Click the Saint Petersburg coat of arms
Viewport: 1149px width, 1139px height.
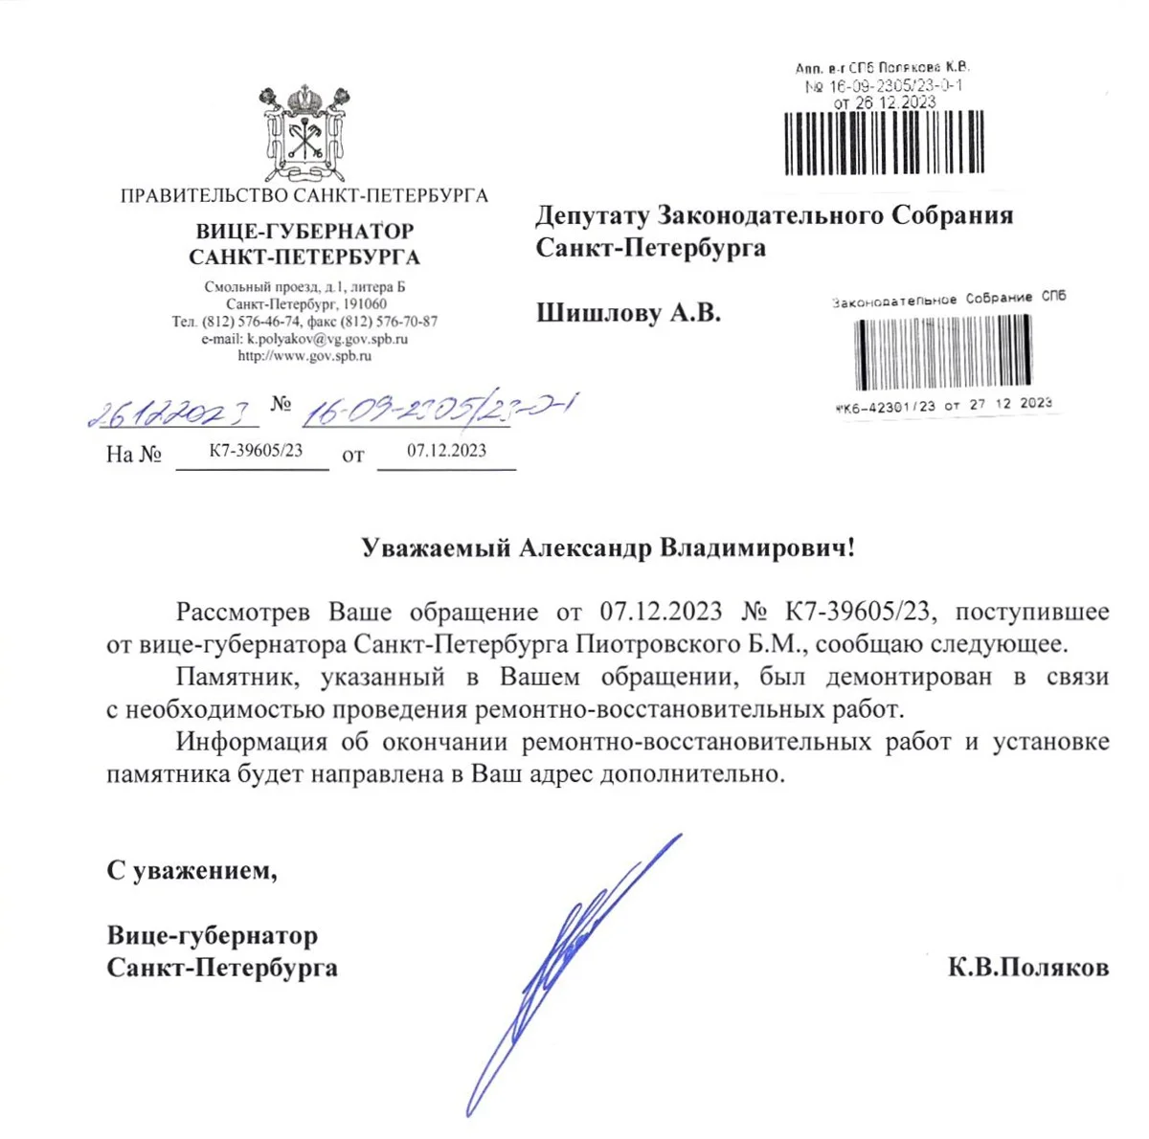(x=304, y=133)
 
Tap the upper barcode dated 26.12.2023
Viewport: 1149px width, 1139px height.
(x=884, y=144)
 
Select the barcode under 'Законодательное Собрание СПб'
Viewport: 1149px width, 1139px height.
(x=942, y=352)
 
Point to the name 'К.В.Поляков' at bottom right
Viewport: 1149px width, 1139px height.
(x=1028, y=968)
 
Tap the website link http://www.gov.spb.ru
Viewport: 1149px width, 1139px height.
(x=304, y=355)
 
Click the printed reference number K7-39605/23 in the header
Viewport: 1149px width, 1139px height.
(x=256, y=450)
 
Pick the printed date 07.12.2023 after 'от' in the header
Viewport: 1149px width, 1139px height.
(x=446, y=450)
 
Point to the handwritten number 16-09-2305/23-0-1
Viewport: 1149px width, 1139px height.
(x=436, y=409)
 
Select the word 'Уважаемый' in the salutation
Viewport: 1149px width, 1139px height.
(x=436, y=548)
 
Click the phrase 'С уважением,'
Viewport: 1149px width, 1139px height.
(x=191, y=870)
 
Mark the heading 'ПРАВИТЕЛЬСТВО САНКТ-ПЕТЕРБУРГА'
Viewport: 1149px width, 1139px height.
(x=304, y=196)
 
